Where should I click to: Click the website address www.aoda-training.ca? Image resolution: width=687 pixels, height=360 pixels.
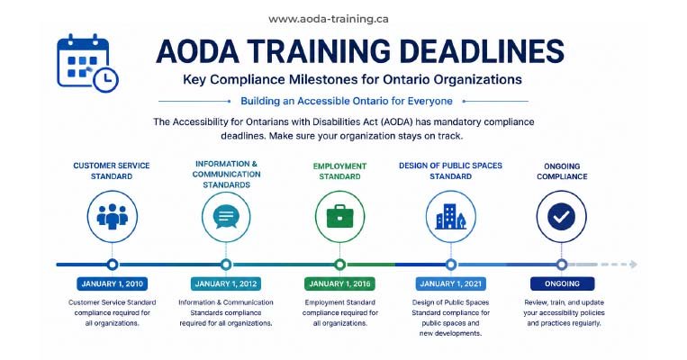click(x=328, y=19)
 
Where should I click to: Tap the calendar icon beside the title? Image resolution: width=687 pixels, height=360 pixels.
click(x=87, y=63)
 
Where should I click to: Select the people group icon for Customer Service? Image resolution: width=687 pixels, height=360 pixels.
click(x=113, y=216)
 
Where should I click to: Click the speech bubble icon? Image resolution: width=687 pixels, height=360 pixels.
click(x=226, y=217)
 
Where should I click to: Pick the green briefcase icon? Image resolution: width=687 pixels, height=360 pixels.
click(x=339, y=216)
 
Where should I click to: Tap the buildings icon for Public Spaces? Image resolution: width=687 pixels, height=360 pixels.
click(x=450, y=217)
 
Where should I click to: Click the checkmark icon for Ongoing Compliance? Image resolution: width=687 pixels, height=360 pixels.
click(x=561, y=216)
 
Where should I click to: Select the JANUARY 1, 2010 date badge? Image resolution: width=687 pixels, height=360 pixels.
click(x=113, y=283)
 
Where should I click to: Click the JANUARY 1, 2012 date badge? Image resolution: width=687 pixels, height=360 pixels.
click(x=226, y=283)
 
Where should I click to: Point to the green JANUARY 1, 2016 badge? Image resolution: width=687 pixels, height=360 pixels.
click(x=339, y=283)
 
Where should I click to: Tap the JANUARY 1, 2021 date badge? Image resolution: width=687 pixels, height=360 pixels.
click(x=450, y=283)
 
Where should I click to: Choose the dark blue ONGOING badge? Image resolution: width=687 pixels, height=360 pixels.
click(x=562, y=283)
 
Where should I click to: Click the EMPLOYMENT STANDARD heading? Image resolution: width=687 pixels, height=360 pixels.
click(x=339, y=171)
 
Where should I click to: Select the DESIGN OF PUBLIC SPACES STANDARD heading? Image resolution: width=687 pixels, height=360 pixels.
click(x=450, y=171)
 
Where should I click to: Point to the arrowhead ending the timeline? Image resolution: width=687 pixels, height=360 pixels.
click(x=633, y=264)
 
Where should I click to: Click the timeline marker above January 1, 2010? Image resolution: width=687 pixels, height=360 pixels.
click(x=113, y=264)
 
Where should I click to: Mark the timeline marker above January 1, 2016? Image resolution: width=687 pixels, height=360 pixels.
click(x=339, y=264)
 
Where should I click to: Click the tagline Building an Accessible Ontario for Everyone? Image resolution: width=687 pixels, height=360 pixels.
click(x=347, y=101)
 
